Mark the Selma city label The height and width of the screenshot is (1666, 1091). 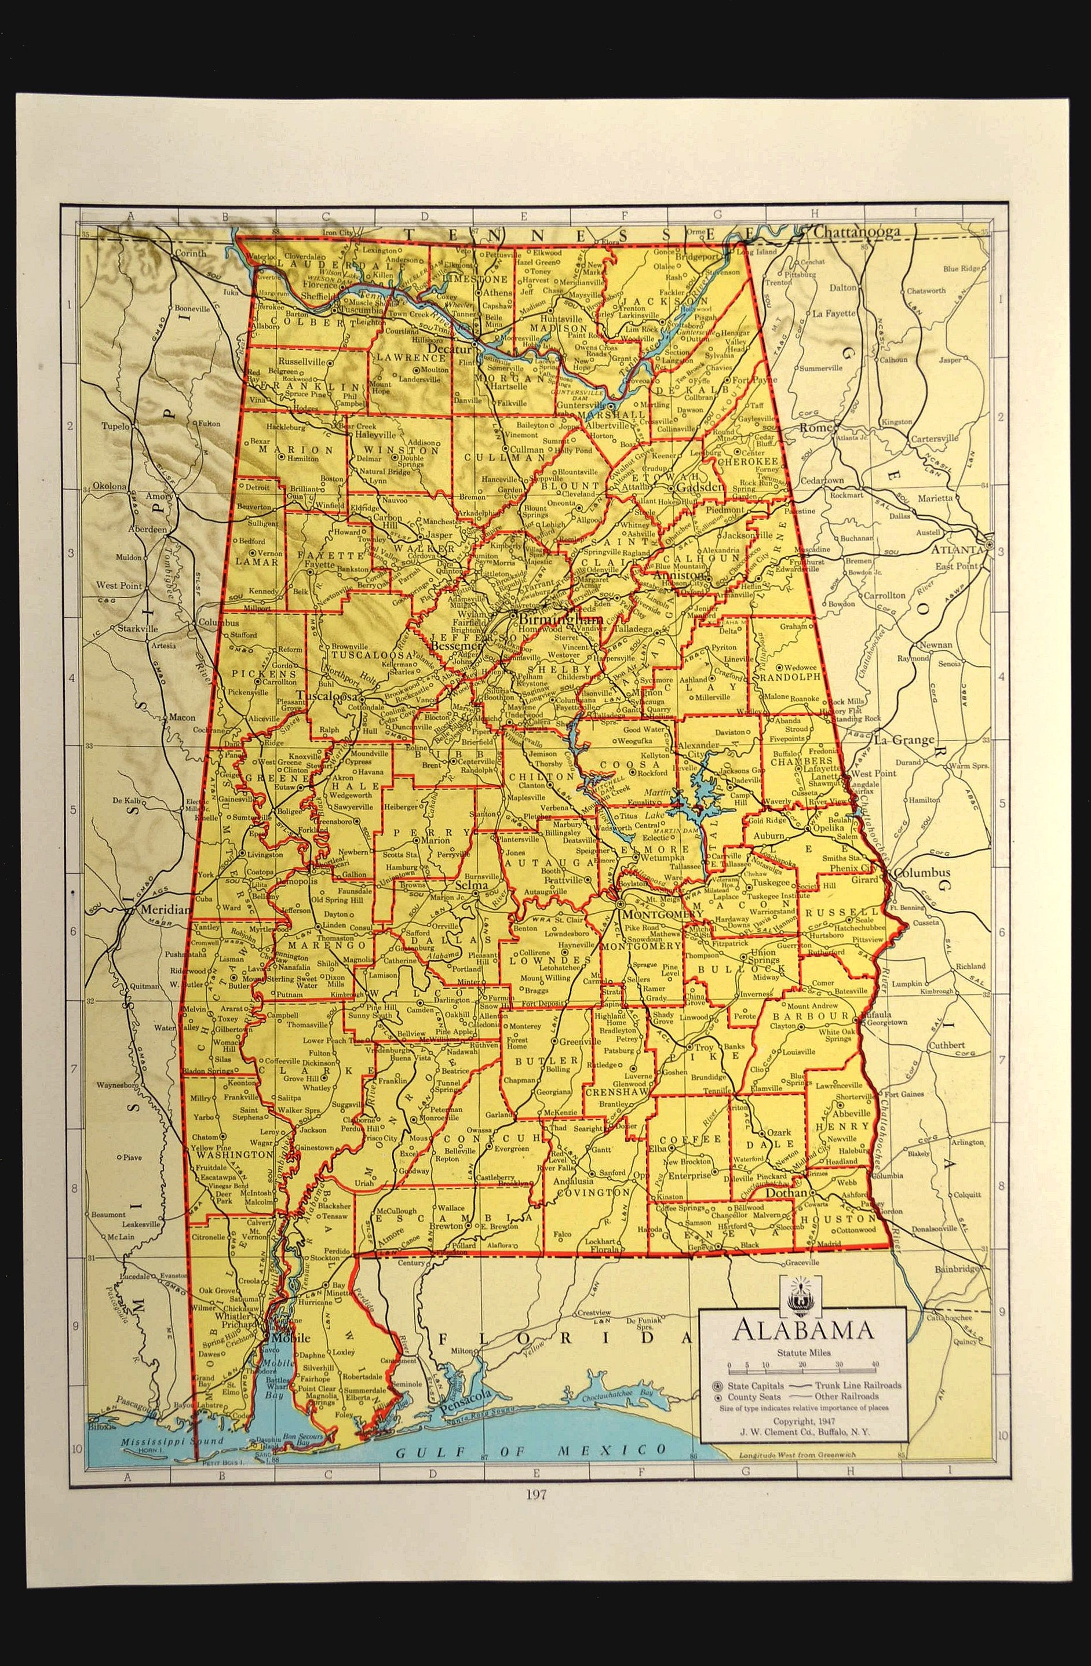tap(471, 886)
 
